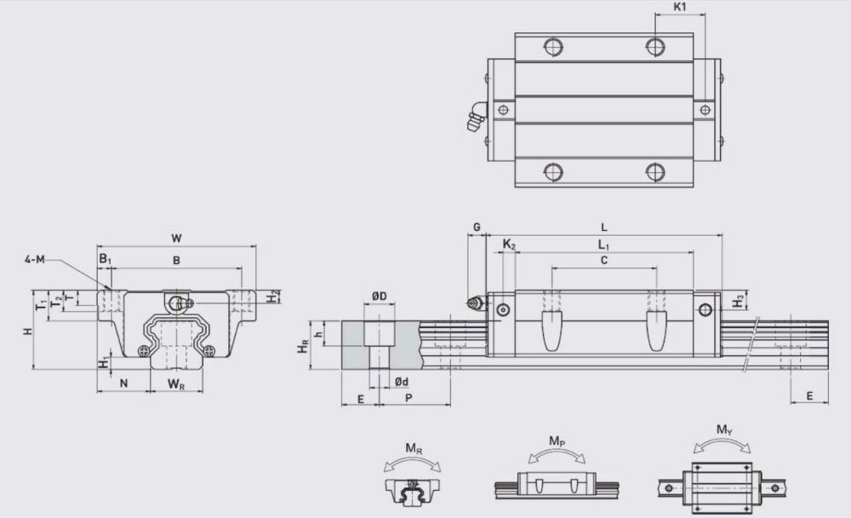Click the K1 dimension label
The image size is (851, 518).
click(679, 7)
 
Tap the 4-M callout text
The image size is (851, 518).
click(34, 259)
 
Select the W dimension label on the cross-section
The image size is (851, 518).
click(176, 238)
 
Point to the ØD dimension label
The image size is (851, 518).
click(380, 296)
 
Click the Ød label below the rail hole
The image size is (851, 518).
click(402, 382)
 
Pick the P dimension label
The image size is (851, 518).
click(408, 398)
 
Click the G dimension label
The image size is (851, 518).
click(477, 227)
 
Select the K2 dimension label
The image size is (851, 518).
click(509, 245)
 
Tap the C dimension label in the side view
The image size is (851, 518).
click(604, 261)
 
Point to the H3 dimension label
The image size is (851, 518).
click(738, 301)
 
